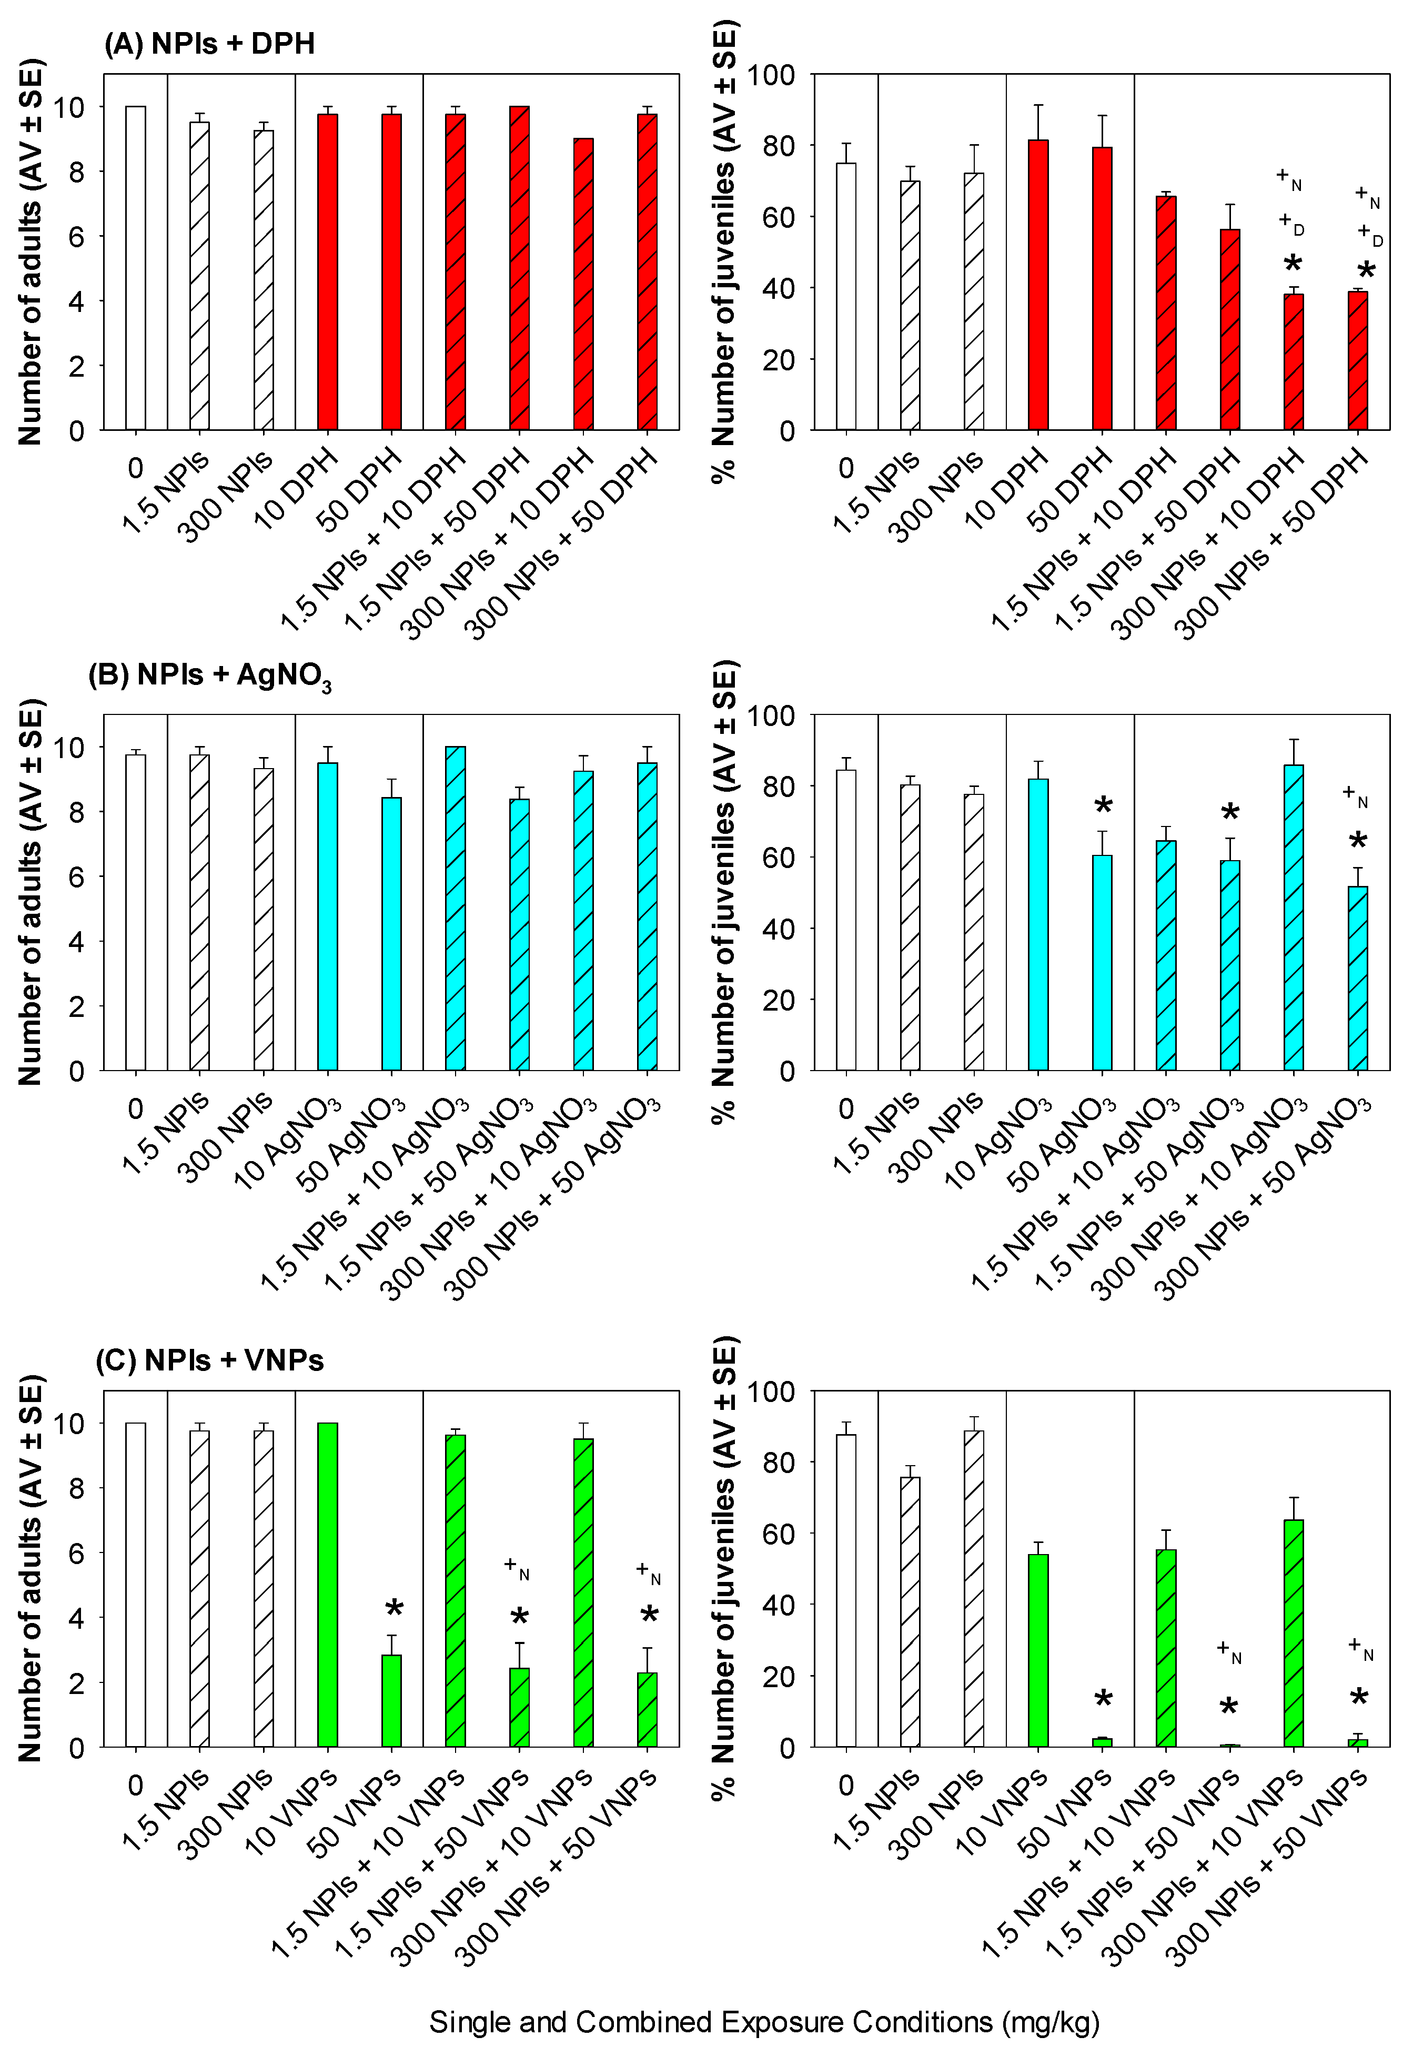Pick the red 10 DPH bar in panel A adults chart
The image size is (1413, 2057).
(328, 272)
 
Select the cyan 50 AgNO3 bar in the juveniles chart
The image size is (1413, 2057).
(1102, 963)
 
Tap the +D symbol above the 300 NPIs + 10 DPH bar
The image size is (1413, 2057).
(1291, 224)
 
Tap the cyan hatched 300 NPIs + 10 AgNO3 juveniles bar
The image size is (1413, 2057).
(1294, 918)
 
